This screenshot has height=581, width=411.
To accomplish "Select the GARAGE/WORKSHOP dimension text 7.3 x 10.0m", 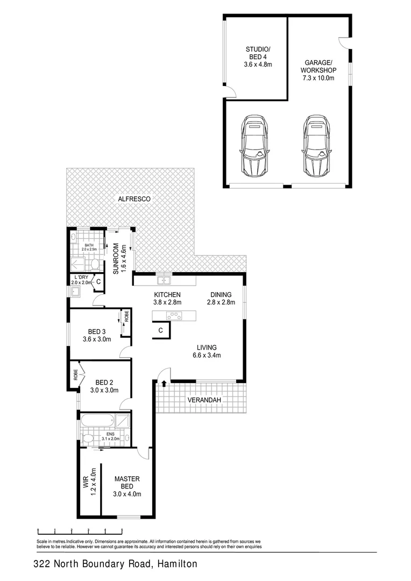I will point(318,78).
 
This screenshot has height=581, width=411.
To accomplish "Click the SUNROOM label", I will point(116,258).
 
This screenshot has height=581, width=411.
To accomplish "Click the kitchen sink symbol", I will point(164,280).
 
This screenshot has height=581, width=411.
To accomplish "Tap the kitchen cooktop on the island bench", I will point(175,316).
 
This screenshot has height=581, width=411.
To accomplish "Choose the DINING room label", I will point(221,295).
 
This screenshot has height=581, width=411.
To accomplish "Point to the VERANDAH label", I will point(204,400).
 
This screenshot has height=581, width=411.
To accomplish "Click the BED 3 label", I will point(97,331).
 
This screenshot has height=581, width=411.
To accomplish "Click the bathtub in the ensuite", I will point(97,419).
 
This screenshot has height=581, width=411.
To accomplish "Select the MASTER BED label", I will point(127,483).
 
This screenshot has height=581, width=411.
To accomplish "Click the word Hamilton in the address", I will point(178,564).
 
